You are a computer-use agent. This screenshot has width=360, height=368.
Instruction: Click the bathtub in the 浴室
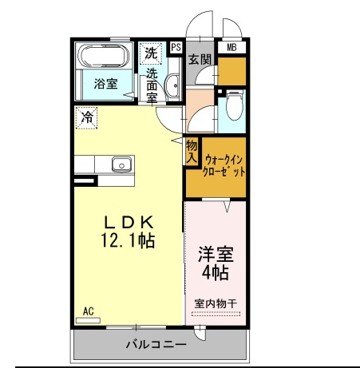(104, 56)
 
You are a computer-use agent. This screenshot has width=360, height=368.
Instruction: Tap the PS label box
(176, 48)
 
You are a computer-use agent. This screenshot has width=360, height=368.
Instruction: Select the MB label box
(231, 48)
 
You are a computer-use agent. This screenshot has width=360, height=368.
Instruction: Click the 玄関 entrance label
(200, 59)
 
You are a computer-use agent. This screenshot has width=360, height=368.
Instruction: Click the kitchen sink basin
(121, 164)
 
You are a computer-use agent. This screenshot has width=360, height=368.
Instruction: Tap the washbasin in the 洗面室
(172, 85)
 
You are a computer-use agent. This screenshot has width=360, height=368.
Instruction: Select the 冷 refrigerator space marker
(86, 118)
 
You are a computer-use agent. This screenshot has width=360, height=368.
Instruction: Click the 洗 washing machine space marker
(151, 53)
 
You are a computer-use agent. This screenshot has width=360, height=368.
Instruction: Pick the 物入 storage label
(192, 152)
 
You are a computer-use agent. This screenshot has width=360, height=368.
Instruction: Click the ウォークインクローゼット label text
(224, 166)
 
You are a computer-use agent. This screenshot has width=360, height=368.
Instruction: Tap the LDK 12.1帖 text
(129, 231)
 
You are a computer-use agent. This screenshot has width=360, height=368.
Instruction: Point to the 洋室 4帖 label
(216, 263)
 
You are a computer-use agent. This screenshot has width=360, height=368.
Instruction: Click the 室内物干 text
(216, 303)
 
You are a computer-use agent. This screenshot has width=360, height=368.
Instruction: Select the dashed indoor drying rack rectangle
(216, 314)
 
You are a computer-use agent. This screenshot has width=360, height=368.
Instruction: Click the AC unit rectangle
(88, 320)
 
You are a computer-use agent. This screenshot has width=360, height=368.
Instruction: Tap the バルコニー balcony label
(156, 345)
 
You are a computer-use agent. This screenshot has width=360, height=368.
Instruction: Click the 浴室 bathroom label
(105, 84)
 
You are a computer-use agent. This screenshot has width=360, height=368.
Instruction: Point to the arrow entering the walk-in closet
(227, 207)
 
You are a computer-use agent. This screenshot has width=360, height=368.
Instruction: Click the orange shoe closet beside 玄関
(231, 71)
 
